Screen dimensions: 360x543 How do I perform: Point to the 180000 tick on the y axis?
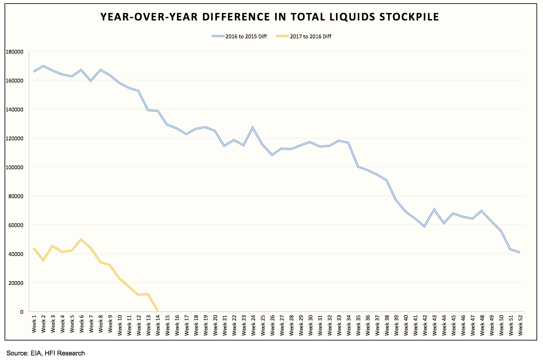coord(14,52)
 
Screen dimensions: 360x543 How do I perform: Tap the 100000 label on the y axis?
coord(14,167)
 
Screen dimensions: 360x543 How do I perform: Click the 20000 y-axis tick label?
coord(16,283)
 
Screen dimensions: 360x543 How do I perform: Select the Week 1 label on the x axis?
coord(34,324)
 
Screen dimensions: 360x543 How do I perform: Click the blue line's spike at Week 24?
coord(253,127)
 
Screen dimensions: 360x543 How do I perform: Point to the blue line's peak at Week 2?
coord(43,66)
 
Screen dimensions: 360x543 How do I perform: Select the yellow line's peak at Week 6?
coord(81,239)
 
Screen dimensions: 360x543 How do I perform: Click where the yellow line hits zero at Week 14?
coord(158,311)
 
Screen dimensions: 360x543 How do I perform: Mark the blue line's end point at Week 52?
coord(520,252)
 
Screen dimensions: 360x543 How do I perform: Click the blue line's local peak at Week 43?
coord(434,210)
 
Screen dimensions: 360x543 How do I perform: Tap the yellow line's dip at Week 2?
coord(43,260)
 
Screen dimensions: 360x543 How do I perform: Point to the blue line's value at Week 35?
coord(358,167)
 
